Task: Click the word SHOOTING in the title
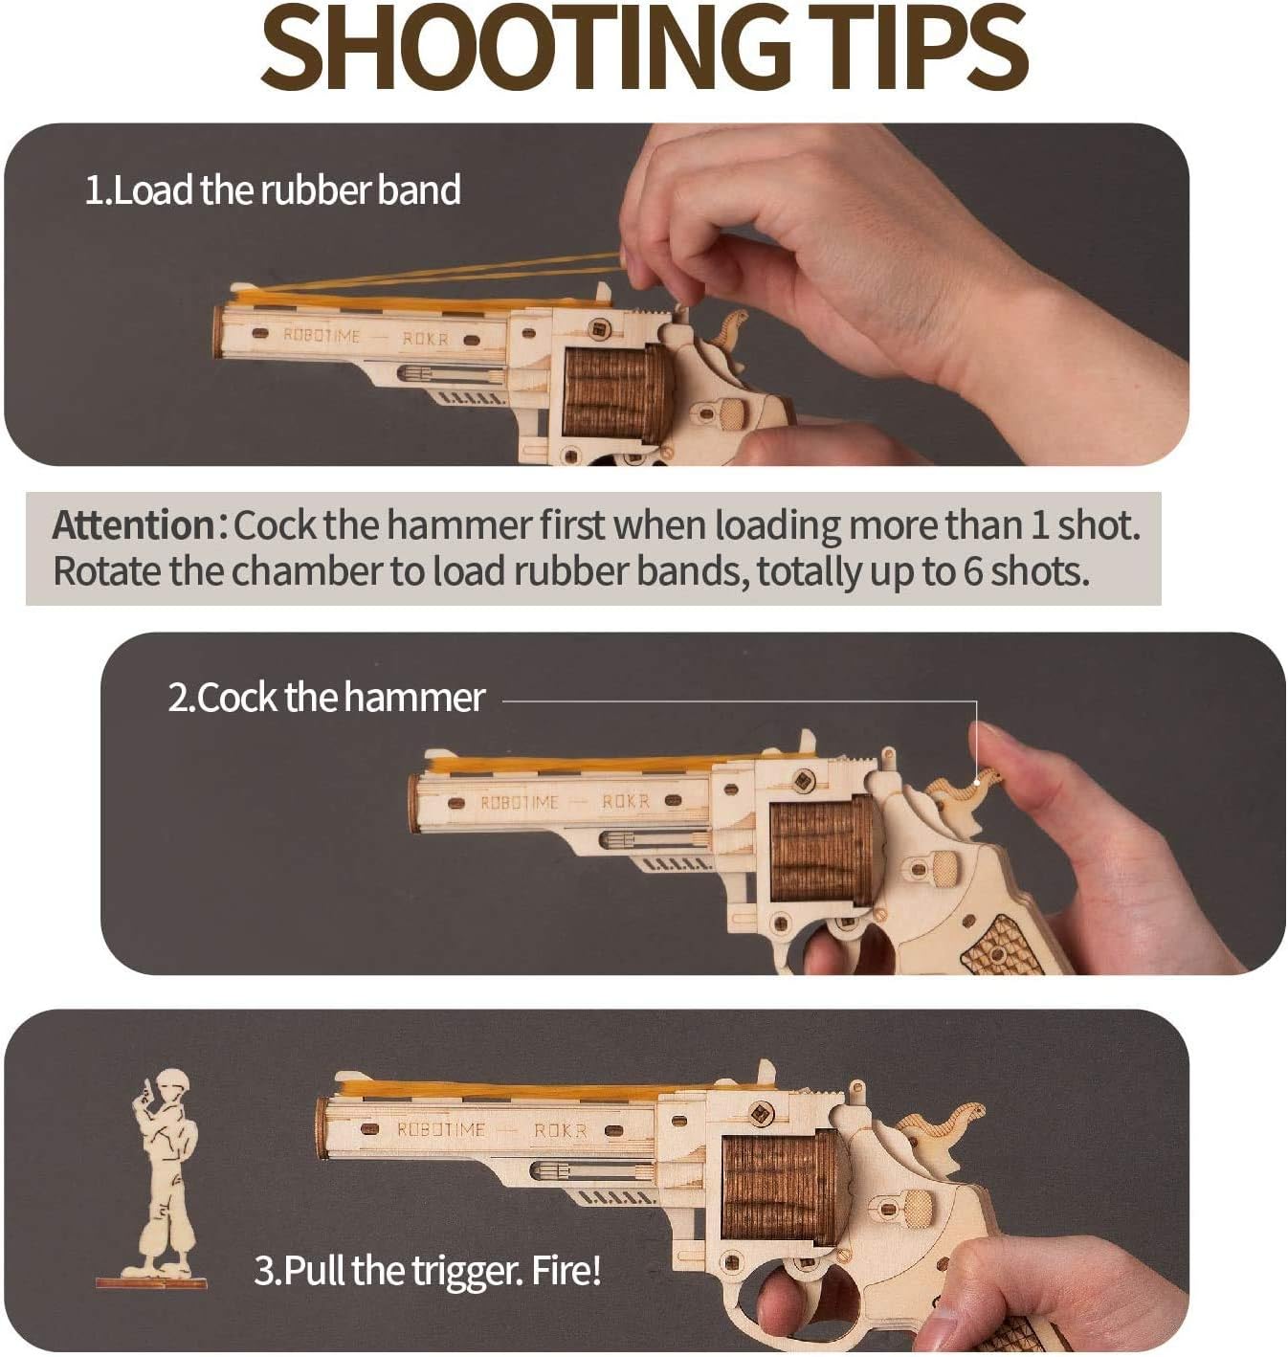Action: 525,47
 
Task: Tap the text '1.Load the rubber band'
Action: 273,189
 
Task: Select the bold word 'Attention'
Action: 134,525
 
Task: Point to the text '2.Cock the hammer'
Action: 326,697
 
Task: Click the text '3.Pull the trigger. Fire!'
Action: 428,1271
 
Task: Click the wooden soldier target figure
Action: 164,1174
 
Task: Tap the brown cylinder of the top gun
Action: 613,392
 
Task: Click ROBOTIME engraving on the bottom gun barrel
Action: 441,1130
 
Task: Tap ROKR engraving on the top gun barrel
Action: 426,339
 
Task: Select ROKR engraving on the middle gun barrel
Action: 626,801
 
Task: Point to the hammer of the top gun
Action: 730,329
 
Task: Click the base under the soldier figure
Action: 151,1284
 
